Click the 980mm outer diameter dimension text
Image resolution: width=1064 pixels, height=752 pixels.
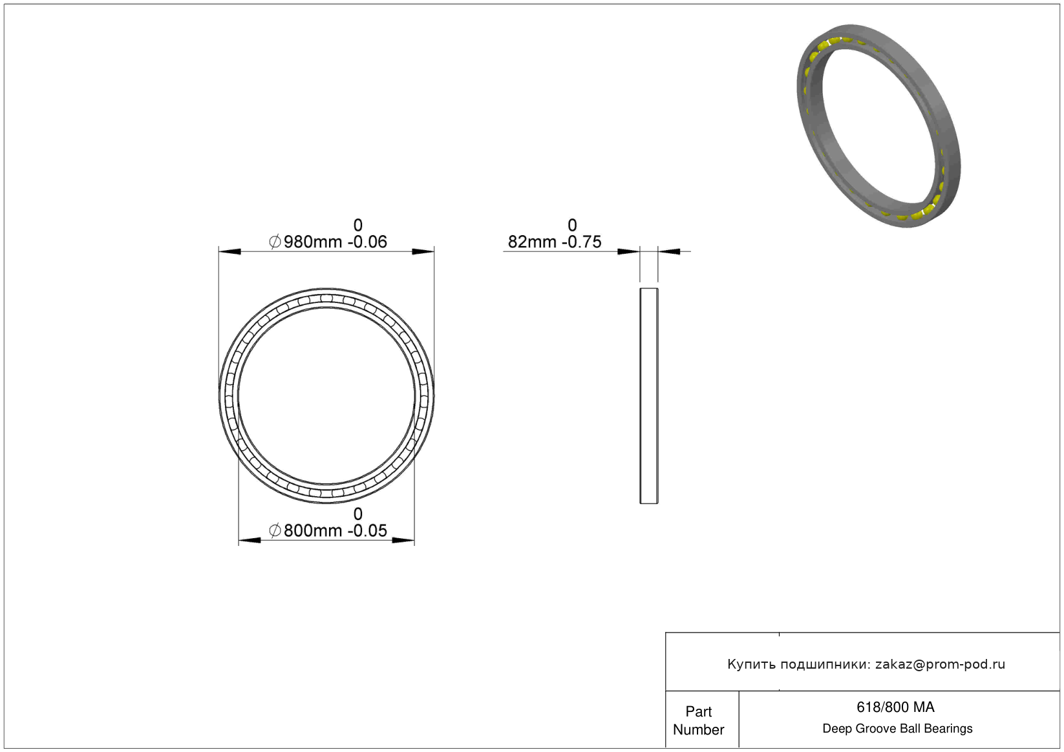(313, 242)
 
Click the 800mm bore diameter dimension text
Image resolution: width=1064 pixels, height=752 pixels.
(313, 531)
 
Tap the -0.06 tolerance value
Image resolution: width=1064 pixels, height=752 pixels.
(368, 242)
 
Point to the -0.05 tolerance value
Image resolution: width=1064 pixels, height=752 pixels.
(368, 531)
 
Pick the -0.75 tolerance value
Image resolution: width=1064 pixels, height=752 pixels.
(582, 242)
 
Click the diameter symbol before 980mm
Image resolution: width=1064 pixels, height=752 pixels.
(275, 242)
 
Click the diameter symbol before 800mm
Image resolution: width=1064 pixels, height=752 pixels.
(275, 531)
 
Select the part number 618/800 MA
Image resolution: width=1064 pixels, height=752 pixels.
(895, 707)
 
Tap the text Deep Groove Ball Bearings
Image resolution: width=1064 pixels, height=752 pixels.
(897, 729)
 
